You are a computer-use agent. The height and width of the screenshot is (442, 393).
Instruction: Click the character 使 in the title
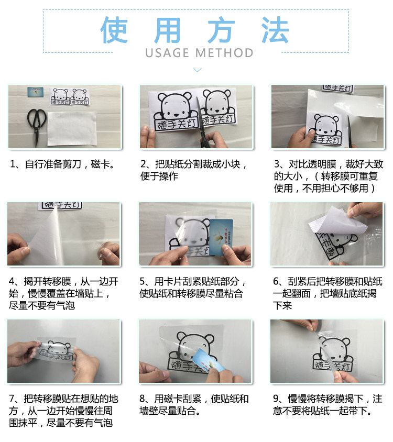click(x=114, y=30)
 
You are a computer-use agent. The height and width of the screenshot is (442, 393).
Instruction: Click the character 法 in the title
click(x=275, y=30)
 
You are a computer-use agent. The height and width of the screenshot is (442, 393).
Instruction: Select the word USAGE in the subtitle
click(x=167, y=53)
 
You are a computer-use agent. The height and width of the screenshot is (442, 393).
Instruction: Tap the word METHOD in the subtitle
click(x=224, y=53)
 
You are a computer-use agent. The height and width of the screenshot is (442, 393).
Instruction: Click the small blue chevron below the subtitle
click(x=198, y=70)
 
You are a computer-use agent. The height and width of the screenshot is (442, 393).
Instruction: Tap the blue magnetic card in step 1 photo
click(x=36, y=92)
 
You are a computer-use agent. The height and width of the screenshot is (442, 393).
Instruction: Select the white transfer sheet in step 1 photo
click(x=72, y=128)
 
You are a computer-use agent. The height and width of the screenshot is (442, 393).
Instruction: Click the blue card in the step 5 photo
click(x=222, y=237)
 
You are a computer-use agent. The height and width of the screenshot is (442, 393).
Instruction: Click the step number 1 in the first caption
click(x=13, y=164)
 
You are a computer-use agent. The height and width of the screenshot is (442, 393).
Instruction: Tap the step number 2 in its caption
click(x=144, y=164)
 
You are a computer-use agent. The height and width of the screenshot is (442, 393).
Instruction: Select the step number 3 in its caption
click(x=277, y=164)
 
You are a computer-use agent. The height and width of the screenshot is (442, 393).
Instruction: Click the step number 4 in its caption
click(x=12, y=281)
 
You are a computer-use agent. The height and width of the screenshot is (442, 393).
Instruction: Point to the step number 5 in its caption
click(x=143, y=281)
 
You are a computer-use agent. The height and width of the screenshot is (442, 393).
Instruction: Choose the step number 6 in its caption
click(x=276, y=281)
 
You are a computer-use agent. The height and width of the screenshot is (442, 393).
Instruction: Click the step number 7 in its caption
click(x=12, y=399)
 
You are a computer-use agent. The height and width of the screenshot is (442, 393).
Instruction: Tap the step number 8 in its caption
click(x=143, y=399)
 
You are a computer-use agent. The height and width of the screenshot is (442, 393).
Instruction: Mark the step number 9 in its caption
click(x=276, y=399)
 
